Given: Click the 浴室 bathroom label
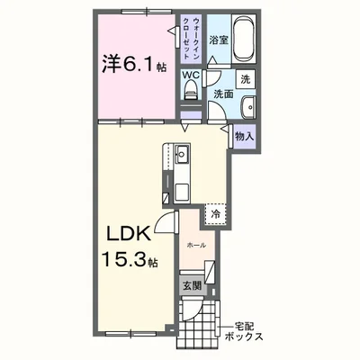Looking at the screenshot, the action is pyautogui.click(x=219, y=40).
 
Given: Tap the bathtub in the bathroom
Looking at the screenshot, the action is pyautogui.click(x=244, y=38).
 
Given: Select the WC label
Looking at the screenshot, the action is pyautogui.click(x=191, y=76).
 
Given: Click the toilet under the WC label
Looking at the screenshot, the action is pyautogui.click(x=191, y=90).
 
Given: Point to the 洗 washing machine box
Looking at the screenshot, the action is pyautogui.click(x=246, y=79).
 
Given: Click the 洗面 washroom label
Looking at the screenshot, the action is pyautogui.click(x=223, y=94).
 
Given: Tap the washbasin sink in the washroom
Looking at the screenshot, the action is pyautogui.click(x=249, y=106).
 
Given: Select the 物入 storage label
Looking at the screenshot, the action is pyautogui.click(x=245, y=137).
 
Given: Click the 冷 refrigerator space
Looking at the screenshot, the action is pyautogui.click(x=215, y=214).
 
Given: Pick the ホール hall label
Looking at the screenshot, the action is pyautogui.click(x=196, y=246).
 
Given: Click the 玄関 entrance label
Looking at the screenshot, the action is pyautogui.click(x=193, y=286).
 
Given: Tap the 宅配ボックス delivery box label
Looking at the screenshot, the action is pyautogui.click(x=244, y=331).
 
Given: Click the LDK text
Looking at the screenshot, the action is pyautogui.click(x=129, y=235).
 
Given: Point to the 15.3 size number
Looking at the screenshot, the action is pyautogui.click(x=125, y=259).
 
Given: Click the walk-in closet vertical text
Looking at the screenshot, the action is pyautogui.click(x=191, y=39).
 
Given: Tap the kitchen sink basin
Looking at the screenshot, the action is pyautogui.click(x=182, y=154).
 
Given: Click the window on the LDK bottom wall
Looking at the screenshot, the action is pyautogui.click(x=131, y=333).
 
